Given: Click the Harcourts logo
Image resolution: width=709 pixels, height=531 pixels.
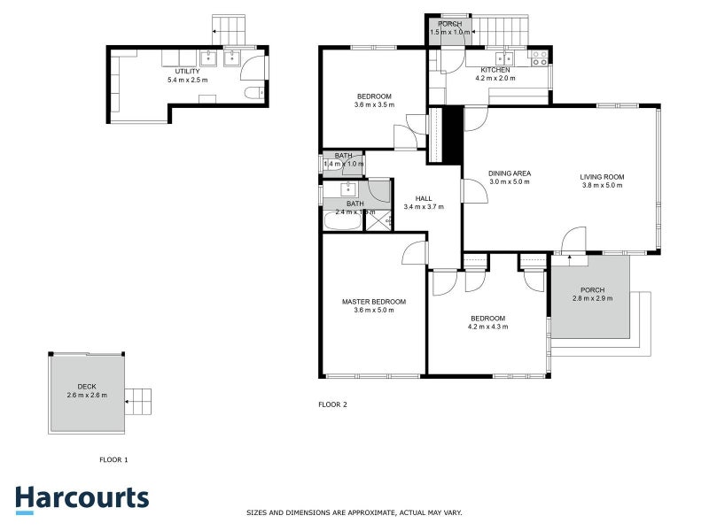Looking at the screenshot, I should (x=82, y=497).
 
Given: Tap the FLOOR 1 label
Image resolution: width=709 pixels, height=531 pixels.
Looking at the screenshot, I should (x=113, y=459).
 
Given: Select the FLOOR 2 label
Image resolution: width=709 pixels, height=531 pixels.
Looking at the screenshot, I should (x=332, y=404).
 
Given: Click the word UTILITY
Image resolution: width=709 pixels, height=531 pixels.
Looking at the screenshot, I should (x=187, y=71).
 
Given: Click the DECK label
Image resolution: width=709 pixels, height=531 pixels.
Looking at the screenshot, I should (x=87, y=386).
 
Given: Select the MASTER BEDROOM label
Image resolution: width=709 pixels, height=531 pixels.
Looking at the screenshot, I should (x=374, y=302).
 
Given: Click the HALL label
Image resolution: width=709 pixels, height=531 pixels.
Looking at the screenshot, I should (x=423, y=198).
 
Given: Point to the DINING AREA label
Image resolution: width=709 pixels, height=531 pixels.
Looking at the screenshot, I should (x=510, y=173).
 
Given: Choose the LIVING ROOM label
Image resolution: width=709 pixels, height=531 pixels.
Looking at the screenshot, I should (x=603, y=176).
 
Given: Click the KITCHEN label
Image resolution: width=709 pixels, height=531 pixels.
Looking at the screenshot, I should (x=495, y=70).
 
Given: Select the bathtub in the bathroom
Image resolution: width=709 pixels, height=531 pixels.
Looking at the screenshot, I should (x=343, y=222).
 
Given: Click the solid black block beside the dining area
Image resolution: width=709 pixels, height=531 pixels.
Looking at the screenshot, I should (x=452, y=135).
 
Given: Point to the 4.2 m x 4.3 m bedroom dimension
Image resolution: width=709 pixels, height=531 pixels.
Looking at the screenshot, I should (x=487, y=327).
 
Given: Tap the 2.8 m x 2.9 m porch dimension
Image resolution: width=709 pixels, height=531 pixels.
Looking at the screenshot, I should (x=592, y=298).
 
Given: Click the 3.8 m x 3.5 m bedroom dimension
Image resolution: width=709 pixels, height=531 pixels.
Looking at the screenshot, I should (x=374, y=105).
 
